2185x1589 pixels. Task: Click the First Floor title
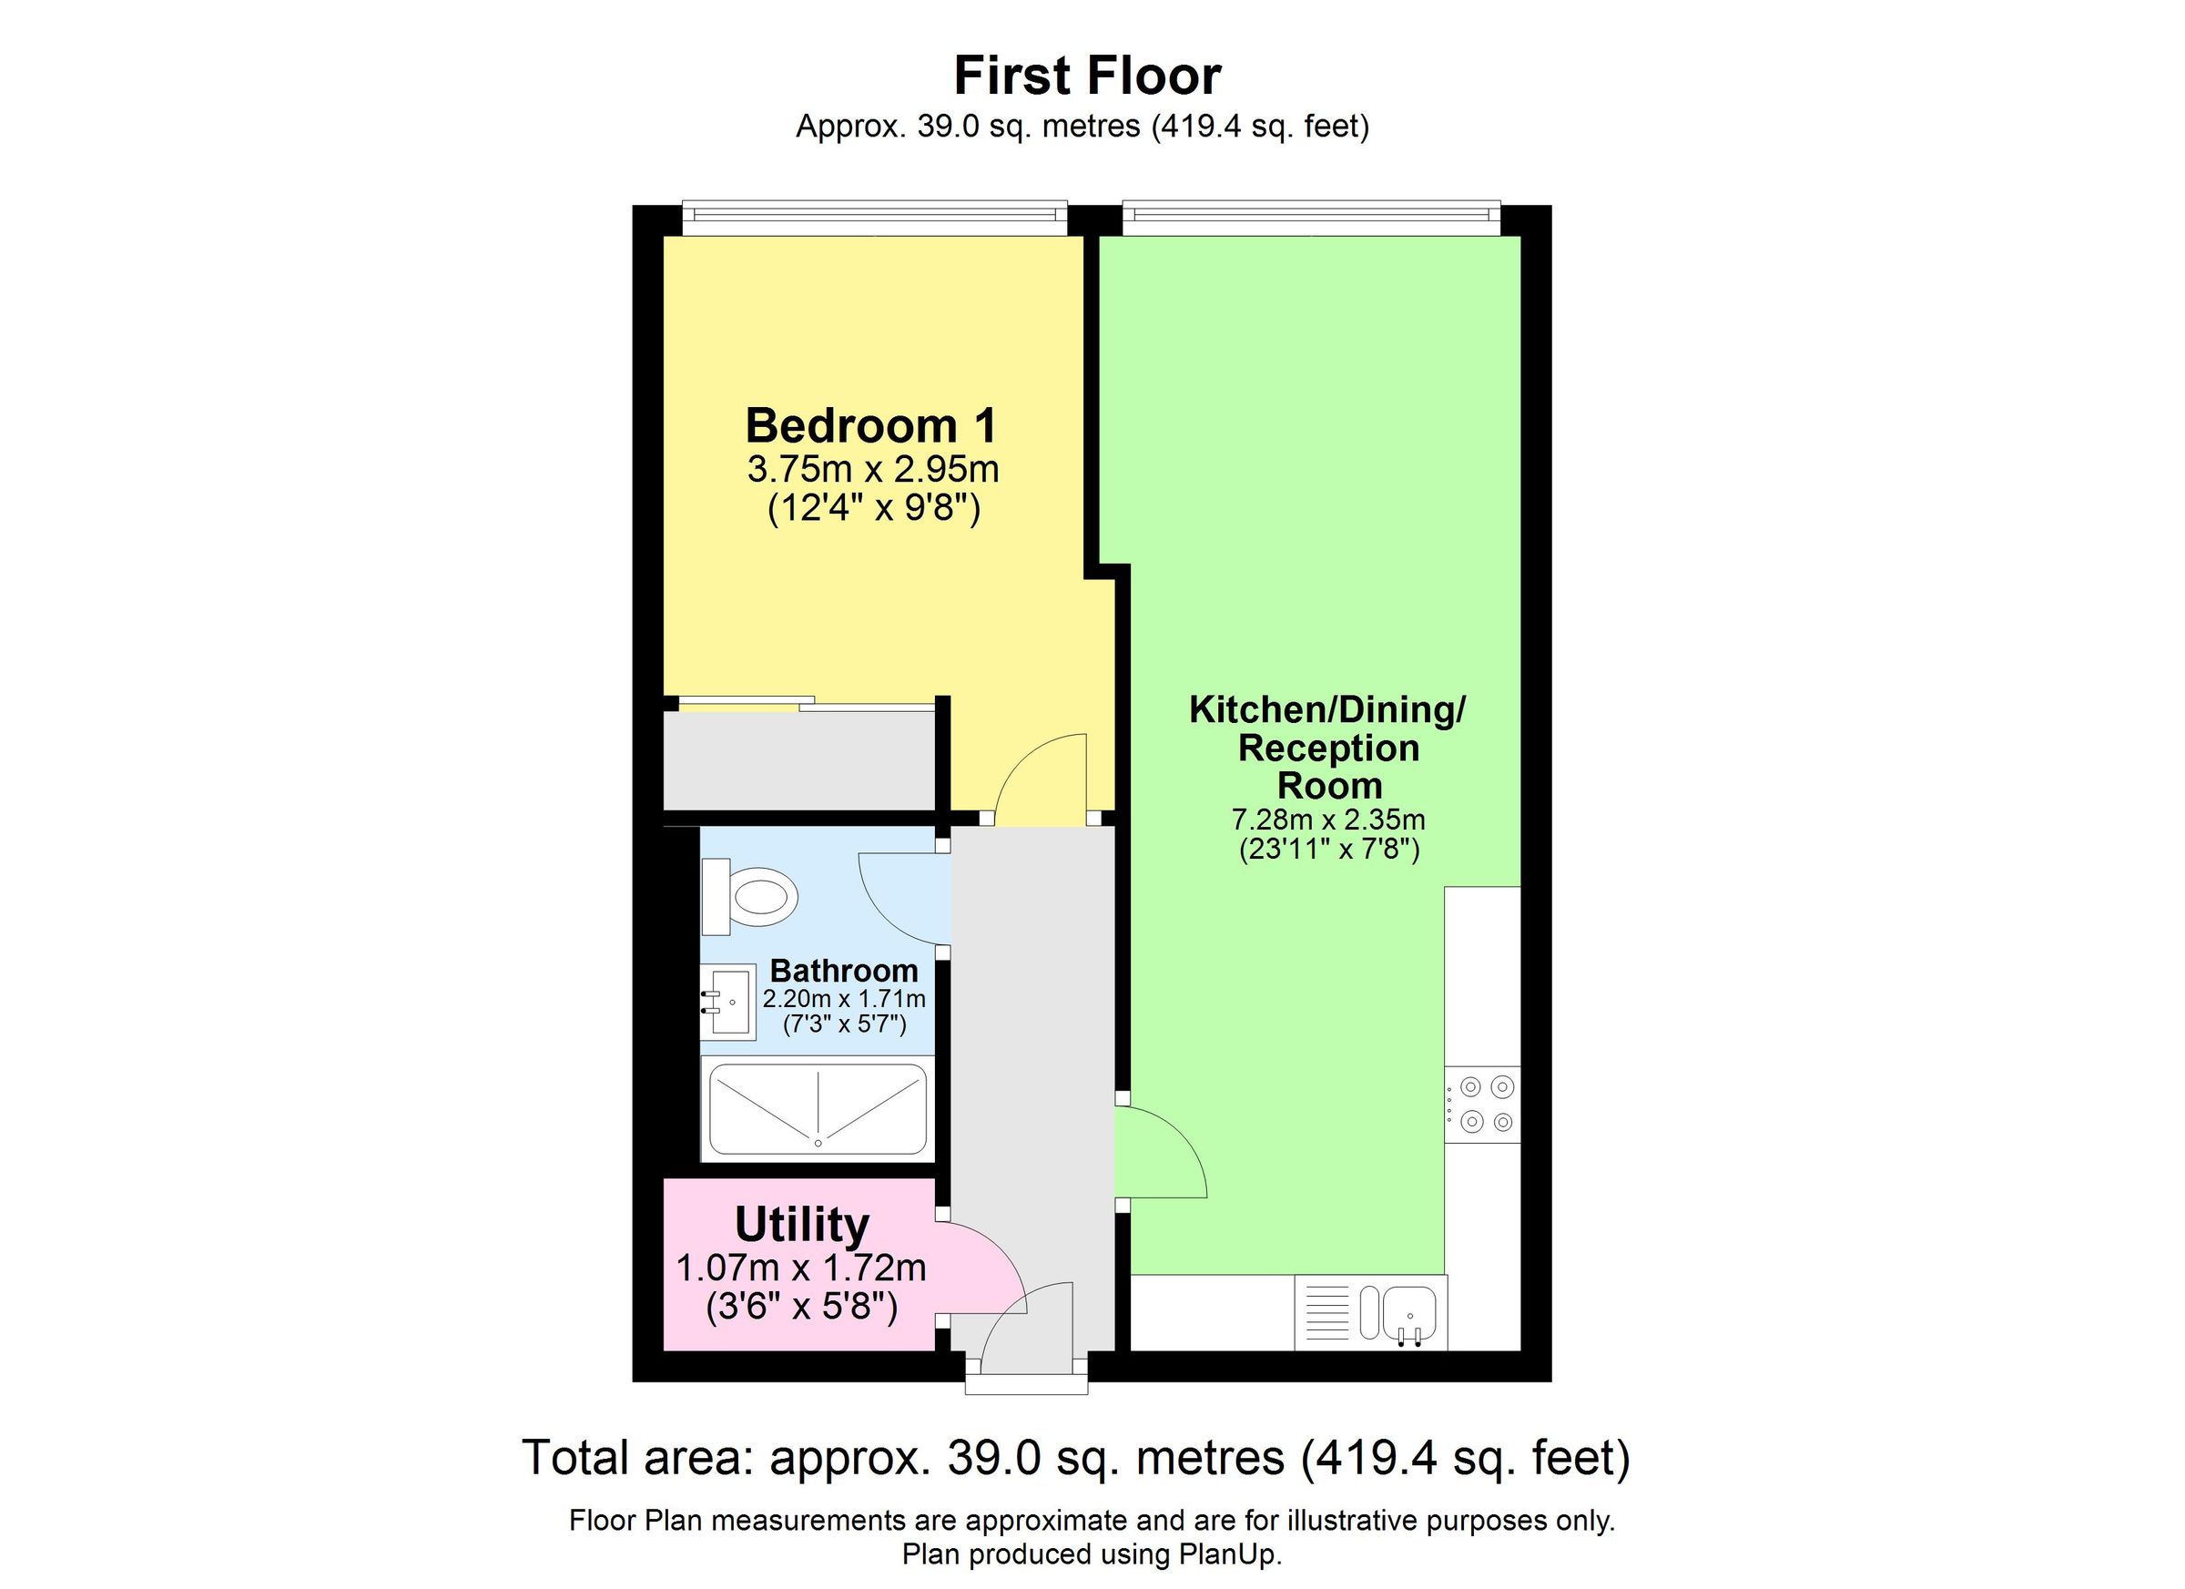pyautogui.click(x=1087, y=76)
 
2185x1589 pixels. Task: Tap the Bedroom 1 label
pyautogui.click(x=871, y=425)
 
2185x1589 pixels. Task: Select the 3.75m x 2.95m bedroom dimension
pyautogui.click(x=873, y=470)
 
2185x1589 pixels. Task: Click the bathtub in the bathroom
pyautogui.click(x=817, y=1110)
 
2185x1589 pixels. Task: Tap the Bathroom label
pyautogui.click(x=844, y=971)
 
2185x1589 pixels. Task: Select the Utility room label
pyautogui.click(x=801, y=1225)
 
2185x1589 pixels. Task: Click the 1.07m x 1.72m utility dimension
pyautogui.click(x=800, y=1268)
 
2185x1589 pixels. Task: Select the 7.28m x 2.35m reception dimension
pyautogui.click(x=1328, y=820)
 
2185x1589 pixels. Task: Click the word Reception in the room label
pyautogui.click(x=1328, y=748)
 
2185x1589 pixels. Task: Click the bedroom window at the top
pyautogui.click(x=874, y=217)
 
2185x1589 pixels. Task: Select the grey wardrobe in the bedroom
pyautogui.click(x=799, y=760)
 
